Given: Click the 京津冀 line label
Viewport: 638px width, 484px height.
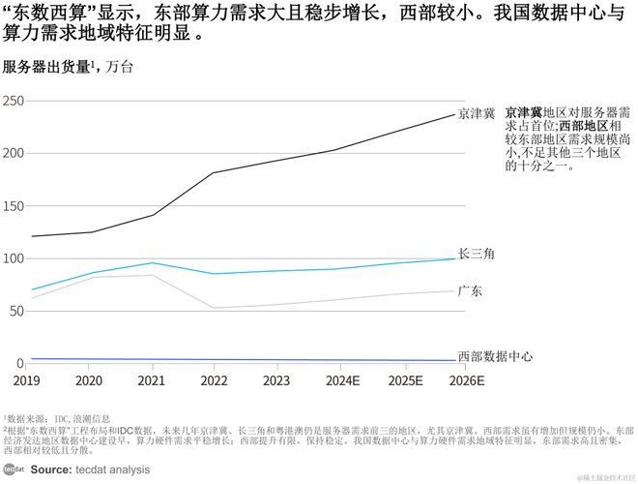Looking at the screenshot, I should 477,114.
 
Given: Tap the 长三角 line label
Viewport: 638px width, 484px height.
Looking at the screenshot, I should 477,254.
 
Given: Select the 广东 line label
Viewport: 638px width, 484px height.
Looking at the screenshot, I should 471,290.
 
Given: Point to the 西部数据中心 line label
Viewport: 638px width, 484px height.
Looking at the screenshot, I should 495,357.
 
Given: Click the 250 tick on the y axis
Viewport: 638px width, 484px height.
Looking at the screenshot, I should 13,102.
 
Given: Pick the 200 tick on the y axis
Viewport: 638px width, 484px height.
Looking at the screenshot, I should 13,154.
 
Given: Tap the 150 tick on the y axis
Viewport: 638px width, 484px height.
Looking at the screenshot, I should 13,206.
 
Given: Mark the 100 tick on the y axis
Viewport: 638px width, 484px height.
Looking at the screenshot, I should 13,258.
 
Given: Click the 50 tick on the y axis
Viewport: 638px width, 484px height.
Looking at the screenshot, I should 16,311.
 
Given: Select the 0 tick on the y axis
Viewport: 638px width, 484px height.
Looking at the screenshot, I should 20,363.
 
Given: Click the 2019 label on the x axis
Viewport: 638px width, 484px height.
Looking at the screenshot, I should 26,380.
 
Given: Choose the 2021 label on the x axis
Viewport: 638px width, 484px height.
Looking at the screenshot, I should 151,380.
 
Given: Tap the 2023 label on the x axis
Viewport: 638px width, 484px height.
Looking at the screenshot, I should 275,380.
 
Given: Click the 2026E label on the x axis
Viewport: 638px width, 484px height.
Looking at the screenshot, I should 467,380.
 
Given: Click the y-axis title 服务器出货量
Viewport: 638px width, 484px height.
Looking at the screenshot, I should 46,67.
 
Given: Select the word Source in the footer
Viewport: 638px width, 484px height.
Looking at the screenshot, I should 49,469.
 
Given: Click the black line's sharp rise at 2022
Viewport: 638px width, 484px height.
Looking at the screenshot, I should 214,173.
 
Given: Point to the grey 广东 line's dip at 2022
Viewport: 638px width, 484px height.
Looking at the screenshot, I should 214,308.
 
